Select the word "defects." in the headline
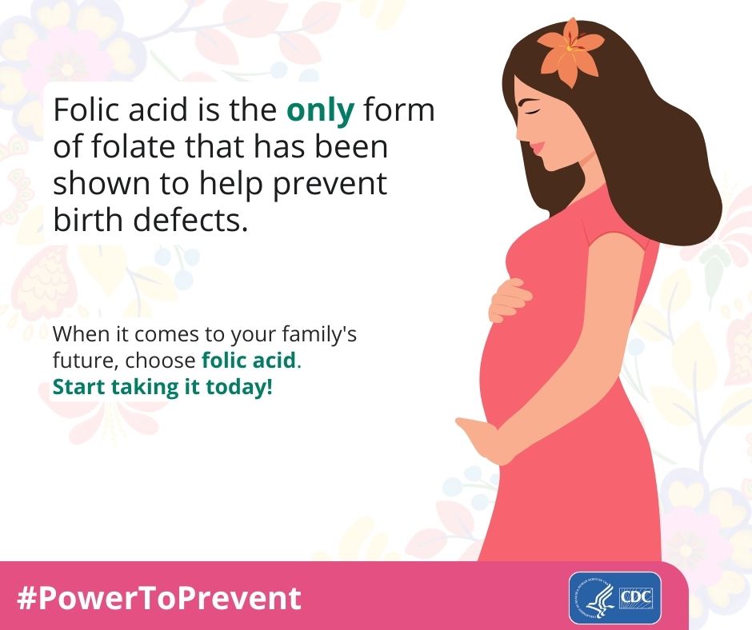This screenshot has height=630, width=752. (x=190, y=220)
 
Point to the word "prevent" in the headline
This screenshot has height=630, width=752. (x=330, y=185)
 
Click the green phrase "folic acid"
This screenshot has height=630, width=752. (x=249, y=360)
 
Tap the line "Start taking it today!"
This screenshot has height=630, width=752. (x=162, y=386)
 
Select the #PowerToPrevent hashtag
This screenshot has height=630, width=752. (x=158, y=597)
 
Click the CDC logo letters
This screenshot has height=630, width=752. (x=637, y=597)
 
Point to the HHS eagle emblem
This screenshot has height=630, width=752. (x=594, y=598)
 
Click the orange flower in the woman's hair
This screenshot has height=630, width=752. (x=570, y=52)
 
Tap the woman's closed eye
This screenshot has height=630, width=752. (x=531, y=110)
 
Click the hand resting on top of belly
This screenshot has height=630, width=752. (x=510, y=300)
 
